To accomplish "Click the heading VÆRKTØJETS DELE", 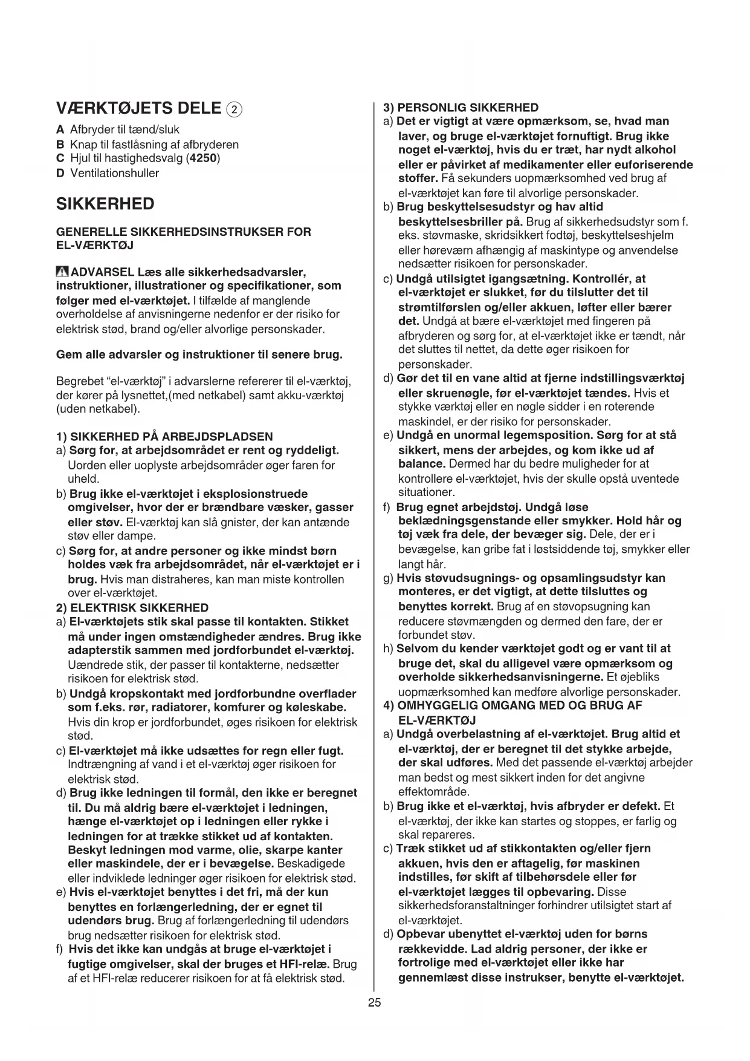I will click(138, 109).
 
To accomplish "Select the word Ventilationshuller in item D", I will click(115, 173).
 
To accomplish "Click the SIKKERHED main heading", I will click(105, 204).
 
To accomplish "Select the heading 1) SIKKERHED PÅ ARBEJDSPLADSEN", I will click(164, 436).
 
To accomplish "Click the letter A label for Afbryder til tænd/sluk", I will click(59, 130).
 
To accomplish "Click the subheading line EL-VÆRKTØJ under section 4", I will click(438, 720).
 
